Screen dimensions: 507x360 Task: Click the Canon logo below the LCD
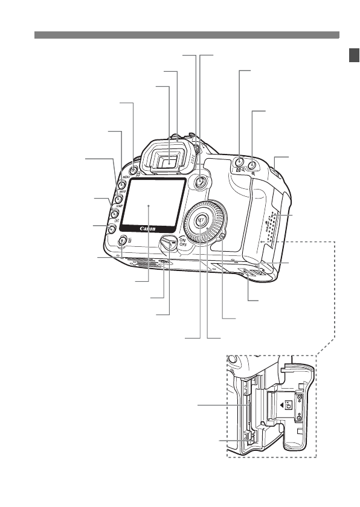click(148, 229)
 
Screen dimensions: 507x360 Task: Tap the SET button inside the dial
click(201, 221)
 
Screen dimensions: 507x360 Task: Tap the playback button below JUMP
click(111, 228)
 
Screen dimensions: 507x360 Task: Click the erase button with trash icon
click(121, 241)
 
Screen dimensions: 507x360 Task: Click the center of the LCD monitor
click(149, 205)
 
